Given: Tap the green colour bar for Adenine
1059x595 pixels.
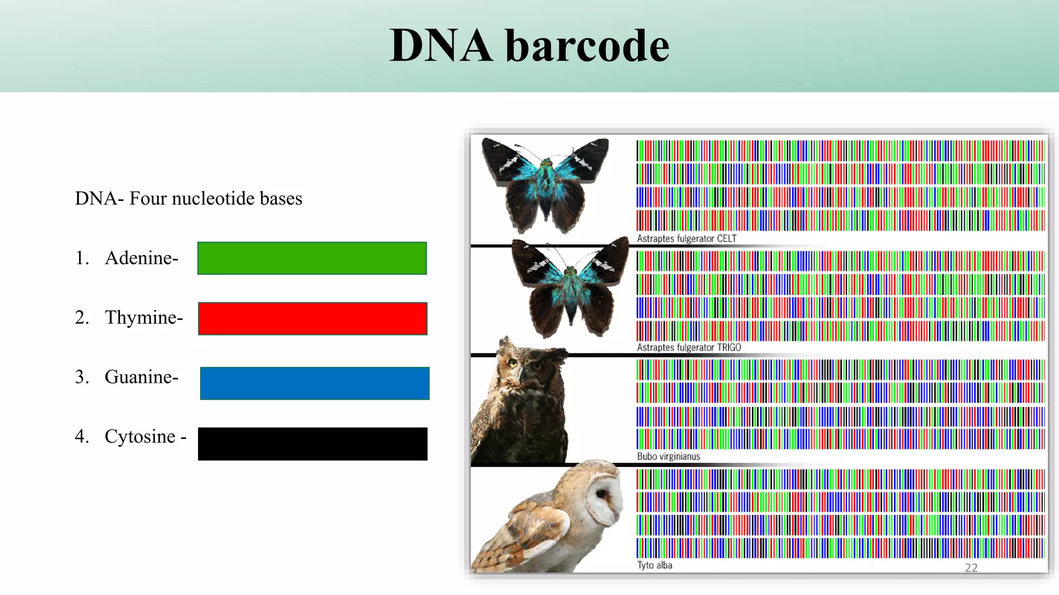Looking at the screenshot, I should (x=312, y=258).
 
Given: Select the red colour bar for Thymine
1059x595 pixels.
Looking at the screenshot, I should (x=312, y=319).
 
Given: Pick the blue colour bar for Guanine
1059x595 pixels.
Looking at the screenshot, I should (x=314, y=383).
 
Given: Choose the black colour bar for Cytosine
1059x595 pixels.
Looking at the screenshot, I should (x=312, y=444).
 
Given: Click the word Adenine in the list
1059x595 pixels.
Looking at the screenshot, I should (x=141, y=258).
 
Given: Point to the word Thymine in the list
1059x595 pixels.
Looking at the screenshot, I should (x=143, y=317).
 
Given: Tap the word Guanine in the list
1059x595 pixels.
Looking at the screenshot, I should (x=141, y=377).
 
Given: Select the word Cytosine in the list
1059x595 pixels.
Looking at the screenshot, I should (x=140, y=436).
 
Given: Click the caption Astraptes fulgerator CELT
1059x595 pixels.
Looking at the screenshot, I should (x=686, y=239).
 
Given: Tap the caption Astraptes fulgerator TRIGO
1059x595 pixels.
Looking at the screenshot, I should (x=689, y=348).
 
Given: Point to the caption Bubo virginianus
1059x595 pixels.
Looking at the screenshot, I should (x=668, y=457).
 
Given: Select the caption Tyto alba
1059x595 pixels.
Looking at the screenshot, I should (x=655, y=566).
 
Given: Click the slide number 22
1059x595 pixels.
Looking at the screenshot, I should (x=971, y=568).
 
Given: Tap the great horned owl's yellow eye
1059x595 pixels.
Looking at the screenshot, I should (x=512, y=363).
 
